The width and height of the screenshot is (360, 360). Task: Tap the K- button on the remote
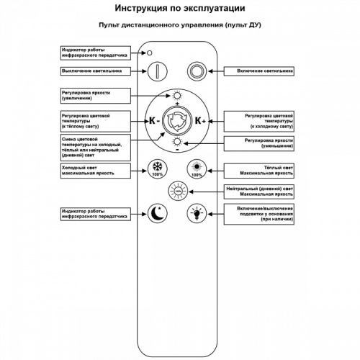click(153, 122)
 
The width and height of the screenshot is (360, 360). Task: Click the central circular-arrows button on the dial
click(176, 122)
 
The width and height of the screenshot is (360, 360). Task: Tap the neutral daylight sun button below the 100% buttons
click(176, 191)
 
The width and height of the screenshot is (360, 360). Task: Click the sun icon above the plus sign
click(177, 96)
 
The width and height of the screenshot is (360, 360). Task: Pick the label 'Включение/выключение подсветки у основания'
click(261, 213)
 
